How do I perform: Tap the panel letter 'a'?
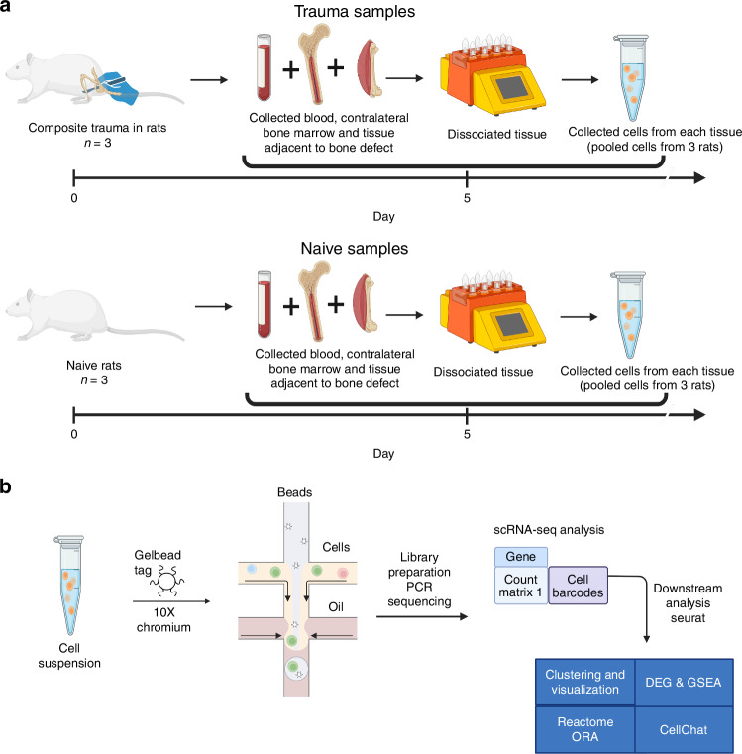[8, 10]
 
